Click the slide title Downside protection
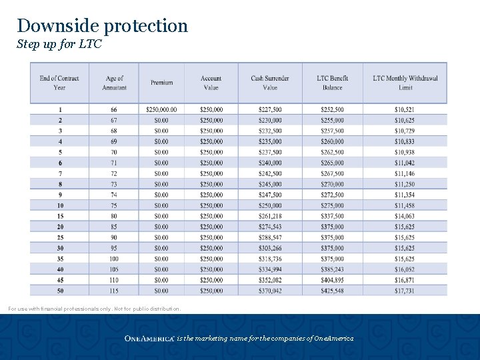(x=103, y=26)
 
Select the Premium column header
(x=161, y=83)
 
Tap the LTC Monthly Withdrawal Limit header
(x=405, y=83)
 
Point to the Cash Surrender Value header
(x=269, y=83)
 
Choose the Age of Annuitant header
(x=114, y=83)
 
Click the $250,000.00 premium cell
(x=161, y=109)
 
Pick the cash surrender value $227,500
(x=269, y=109)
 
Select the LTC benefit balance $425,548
(x=332, y=291)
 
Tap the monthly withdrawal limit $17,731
(x=405, y=291)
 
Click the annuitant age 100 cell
(x=114, y=259)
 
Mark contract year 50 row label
(x=60, y=291)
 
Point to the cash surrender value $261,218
(x=269, y=216)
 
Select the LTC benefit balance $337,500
(x=332, y=216)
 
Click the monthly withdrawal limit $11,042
(x=405, y=163)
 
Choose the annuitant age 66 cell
(x=114, y=109)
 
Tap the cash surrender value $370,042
(x=269, y=291)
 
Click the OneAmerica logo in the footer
(x=149, y=339)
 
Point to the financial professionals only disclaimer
(x=94, y=309)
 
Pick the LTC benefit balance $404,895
(x=332, y=280)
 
